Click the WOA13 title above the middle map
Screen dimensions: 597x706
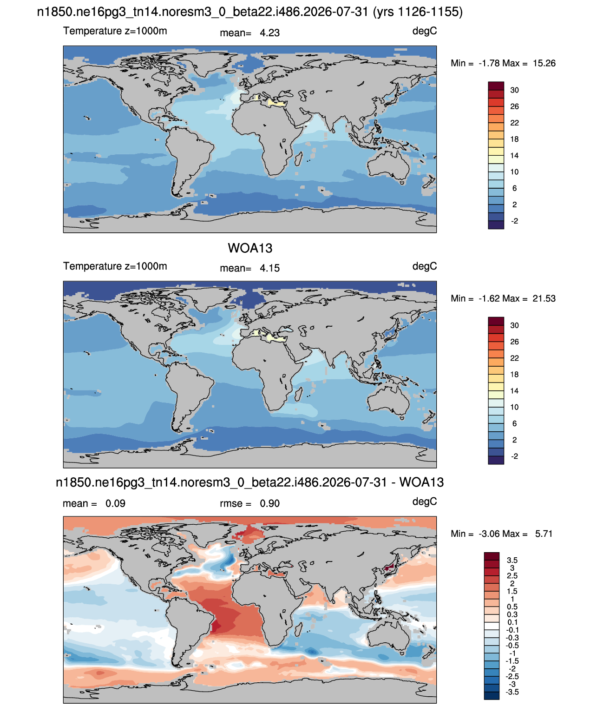tap(250, 248)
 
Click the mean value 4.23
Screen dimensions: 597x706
tap(269, 33)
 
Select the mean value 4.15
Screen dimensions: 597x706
tap(269, 268)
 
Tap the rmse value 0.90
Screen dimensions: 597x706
tap(269, 503)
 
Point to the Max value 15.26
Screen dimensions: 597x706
tap(544, 63)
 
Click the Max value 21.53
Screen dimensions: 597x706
tap(544, 298)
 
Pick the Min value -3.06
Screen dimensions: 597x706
tap(490, 534)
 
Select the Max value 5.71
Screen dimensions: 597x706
tap(544, 534)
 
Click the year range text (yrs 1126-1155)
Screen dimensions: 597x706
tap(418, 12)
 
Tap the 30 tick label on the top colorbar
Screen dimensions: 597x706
tap(514, 90)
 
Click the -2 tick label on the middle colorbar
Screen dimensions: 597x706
tap(514, 456)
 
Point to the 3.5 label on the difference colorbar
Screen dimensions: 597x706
tap(512, 560)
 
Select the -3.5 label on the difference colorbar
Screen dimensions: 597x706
tap(512, 693)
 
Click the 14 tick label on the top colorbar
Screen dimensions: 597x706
tap(514, 156)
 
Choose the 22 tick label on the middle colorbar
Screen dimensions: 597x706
tap(514, 358)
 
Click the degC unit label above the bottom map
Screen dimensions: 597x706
tap(424, 501)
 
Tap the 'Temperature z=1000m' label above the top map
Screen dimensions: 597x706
tap(115, 31)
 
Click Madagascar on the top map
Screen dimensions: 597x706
tap(298, 159)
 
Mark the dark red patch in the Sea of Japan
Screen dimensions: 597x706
tap(389, 567)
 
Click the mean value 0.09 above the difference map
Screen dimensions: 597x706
tap(115, 503)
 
